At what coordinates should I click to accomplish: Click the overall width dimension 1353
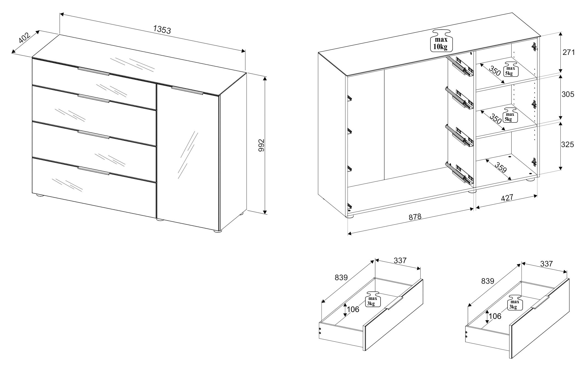162,29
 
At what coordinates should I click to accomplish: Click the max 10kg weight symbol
441,40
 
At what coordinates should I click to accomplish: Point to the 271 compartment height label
569,52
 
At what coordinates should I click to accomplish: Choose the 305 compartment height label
568,94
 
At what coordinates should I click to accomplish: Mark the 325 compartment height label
567,145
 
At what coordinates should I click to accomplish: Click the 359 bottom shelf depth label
501,167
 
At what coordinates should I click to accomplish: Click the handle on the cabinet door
187,90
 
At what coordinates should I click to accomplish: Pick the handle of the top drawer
94,71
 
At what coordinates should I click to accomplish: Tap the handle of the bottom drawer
94,170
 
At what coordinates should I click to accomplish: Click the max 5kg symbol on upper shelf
511,69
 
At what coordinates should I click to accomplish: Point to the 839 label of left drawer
341,278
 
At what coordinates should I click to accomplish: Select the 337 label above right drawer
546,264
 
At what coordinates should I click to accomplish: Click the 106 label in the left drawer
353,310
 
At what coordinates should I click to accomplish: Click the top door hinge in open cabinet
534,47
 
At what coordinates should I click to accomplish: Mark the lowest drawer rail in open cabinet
460,174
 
